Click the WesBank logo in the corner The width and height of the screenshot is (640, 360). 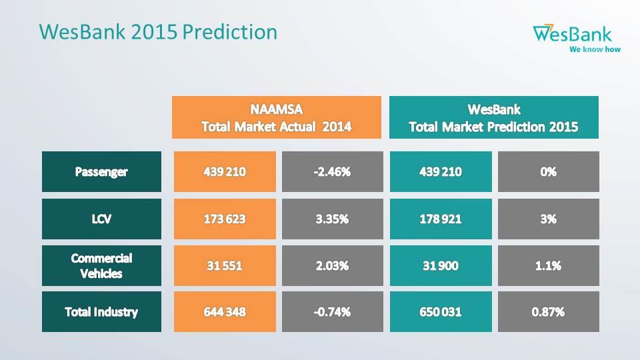click(x=576, y=39)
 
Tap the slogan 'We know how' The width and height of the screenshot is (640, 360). click(x=595, y=49)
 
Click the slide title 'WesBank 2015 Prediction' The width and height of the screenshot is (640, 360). click(x=158, y=32)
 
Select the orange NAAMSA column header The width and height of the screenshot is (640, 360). click(x=276, y=117)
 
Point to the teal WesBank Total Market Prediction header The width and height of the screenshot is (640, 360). click(x=494, y=117)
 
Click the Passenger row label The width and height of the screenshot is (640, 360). click(x=101, y=172)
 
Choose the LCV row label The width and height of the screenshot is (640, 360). click(x=101, y=219)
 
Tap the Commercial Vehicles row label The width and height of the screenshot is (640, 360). click(x=101, y=266)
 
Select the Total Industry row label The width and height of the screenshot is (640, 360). click(x=101, y=312)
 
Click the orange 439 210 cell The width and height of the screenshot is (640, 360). click(x=225, y=172)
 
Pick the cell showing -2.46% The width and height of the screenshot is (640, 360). click(x=332, y=172)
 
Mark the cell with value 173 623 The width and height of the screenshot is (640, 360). click(x=225, y=219)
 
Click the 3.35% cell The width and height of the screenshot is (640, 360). click(x=332, y=219)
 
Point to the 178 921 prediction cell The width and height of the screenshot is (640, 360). click(x=441, y=219)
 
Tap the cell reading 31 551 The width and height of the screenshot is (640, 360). click(x=225, y=266)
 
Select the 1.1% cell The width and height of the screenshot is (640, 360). click(x=549, y=266)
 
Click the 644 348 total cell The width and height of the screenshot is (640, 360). click(x=225, y=312)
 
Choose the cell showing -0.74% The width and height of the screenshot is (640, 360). click(x=332, y=312)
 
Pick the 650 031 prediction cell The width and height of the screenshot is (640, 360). click(x=441, y=312)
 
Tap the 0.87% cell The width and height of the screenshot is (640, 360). click(x=549, y=312)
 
